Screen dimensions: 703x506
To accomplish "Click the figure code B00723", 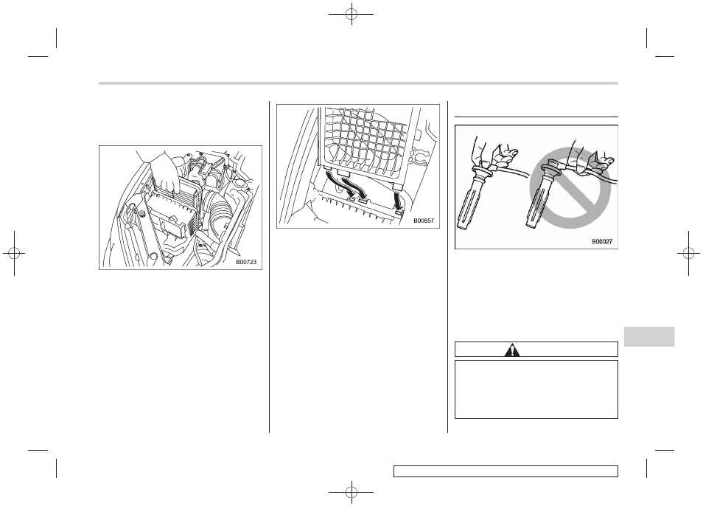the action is (x=246, y=262).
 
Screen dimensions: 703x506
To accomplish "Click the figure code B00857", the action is (x=424, y=221).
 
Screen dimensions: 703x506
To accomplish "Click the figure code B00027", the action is (x=602, y=242).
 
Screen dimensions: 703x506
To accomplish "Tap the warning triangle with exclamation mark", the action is (x=511, y=350).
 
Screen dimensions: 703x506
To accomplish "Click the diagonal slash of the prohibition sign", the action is (x=570, y=189).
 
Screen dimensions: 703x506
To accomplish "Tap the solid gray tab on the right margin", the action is (x=648, y=336).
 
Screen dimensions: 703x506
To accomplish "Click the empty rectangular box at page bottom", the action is (x=506, y=471).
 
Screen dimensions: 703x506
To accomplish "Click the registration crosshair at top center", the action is (x=351, y=14).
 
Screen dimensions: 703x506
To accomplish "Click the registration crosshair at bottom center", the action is (x=351, y=492).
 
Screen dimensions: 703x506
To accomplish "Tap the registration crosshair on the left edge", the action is (x=14, y=254).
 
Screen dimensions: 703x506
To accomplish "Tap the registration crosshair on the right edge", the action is (x=689, y=254).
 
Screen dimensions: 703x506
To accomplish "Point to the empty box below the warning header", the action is (x=536, y=389).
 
